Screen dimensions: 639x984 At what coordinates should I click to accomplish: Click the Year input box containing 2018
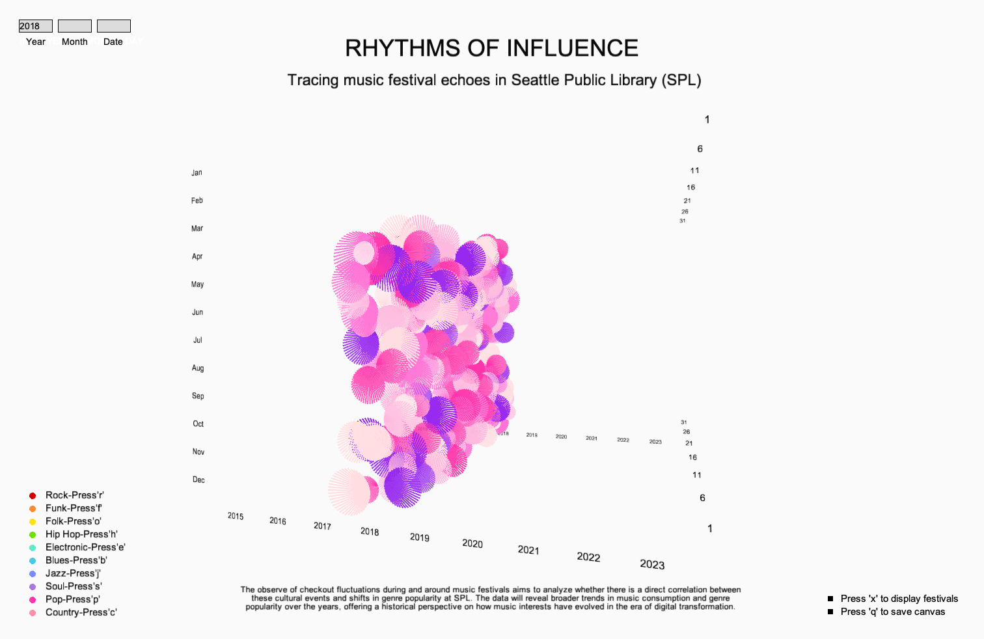pyautogui.click(x=35, y=26)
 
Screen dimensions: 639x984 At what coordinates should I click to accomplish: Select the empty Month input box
pyautogui.click(x=75, y=26)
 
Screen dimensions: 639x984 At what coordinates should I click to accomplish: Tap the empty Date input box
pyautogui.click(x=114, y=26)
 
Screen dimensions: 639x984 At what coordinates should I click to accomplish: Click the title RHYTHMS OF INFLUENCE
pyautogui.click(x=491, y=48)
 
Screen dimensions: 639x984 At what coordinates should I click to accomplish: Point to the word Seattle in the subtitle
pyautogui.click(x=534, y=80)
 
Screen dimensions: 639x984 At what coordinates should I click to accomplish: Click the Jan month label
pyautogui.click(x=197, y=173)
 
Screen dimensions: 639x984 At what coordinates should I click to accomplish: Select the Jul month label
pyautogui.click(x=198, y=340)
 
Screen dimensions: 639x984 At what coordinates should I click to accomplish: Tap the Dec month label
pyautogui.click(x=198, y=480)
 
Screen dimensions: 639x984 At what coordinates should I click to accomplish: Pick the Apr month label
pyautogui.click(x=197, y=257)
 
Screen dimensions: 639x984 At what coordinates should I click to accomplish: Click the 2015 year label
pyautogui.click(x=236, y=517)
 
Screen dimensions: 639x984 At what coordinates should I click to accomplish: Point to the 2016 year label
pyautogui.click(x=278, y=521)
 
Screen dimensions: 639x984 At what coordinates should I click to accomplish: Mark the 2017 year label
pyautogui.click(x=322, y=526)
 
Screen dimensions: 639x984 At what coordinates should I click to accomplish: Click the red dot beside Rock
pyautogui.click(x=33, y=496)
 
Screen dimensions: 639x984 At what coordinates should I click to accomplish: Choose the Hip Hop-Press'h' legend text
pyautogui.click(x=81, y=534)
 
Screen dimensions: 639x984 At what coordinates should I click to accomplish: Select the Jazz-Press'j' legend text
pyautogui.click(x=73, y=573)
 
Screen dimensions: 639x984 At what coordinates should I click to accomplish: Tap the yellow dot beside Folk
pyautogui.click(x=33, y=522)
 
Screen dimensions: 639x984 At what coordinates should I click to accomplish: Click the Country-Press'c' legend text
pyautogui.click(x=81, y=612)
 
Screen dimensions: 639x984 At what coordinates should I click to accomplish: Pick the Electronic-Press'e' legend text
pyautogui.click(x=85, y=547)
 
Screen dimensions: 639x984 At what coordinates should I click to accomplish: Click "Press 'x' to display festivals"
pyautogui.click(x=899, y=599)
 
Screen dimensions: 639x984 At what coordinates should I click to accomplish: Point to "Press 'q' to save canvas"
pyautogui.click(x=892, y=612)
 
